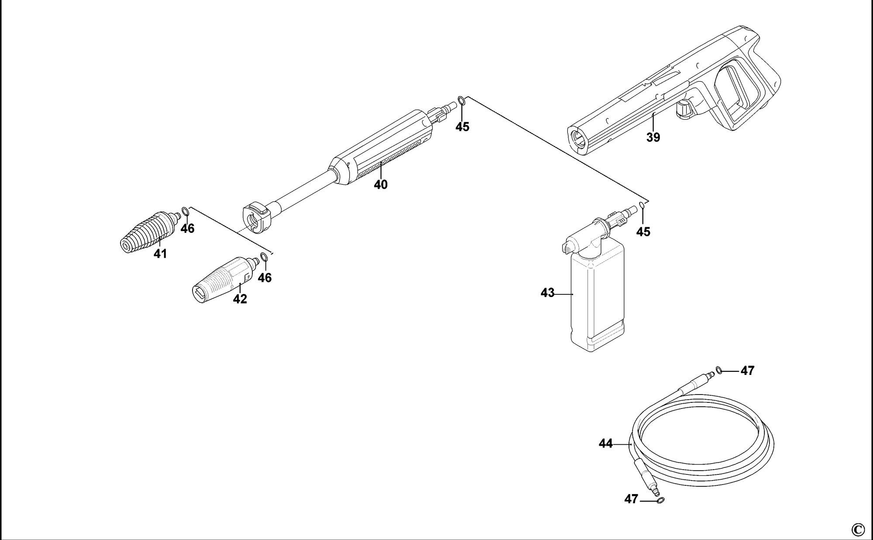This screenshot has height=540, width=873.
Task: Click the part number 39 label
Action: (x=653, y=137)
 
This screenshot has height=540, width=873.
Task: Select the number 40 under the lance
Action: (x=381, y=185)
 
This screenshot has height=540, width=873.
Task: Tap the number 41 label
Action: (x=160, y=254)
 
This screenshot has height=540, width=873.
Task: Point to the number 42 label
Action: (x=240, y=299)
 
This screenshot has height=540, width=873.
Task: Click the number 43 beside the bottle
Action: (x=547, y=293)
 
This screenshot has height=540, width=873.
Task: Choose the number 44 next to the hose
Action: (x=605, y=444)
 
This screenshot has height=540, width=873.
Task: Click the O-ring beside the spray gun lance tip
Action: (x=462, y=102)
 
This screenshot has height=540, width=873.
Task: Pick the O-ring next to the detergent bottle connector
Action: (x=642, y=205)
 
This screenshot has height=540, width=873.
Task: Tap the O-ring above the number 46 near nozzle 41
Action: (x=185, y=212)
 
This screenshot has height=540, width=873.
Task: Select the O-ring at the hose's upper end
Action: (x=718, y=370)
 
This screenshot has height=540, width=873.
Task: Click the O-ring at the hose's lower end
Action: (x=660, y=501)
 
